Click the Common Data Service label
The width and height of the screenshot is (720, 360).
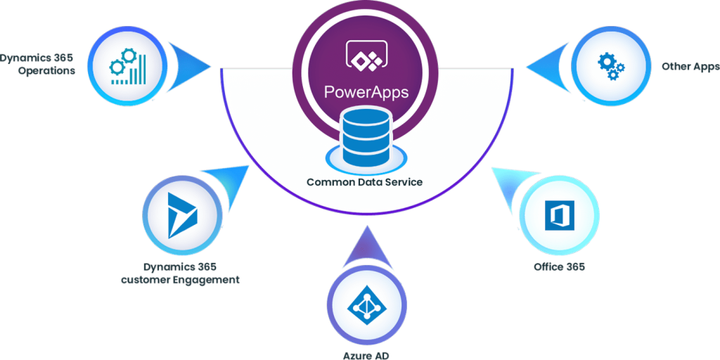(364, 182)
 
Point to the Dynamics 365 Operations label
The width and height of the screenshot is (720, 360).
(38, 64)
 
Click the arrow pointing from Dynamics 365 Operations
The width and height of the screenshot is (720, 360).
(191, 65)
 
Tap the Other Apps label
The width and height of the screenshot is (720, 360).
(690, 67)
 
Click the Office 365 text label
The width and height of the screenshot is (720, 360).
(559, 267)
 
